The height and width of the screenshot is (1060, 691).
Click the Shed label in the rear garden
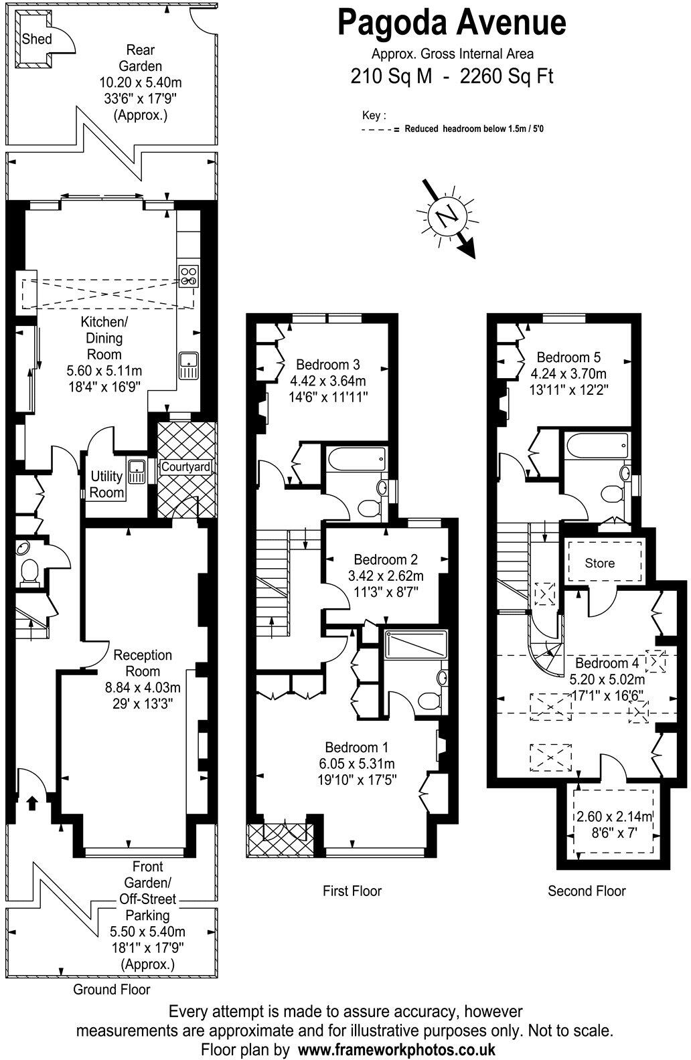pyautogui.click(x=37, y=39)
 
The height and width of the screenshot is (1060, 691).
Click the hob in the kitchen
pyautogui.click(x=189, y=276)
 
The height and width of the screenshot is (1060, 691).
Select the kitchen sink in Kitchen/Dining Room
pyautogui.click(x=188, y=365)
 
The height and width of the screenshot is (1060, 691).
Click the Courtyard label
pyautogui.click(x=186, y=467)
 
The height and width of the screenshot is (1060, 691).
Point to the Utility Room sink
pyautogui.click(x=137, y=472)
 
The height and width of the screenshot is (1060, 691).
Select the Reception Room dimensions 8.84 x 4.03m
pyautogui.click(x=143, y=687)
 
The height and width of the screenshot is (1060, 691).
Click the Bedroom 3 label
pyautogui.click(x=328, y=365)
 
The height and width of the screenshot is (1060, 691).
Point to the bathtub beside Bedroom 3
pyautogui.click(x=356, y=460)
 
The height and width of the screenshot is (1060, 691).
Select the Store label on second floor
pyautogui.click(x=599, y=563)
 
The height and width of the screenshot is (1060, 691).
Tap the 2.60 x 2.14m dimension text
pyautogui.click(x=615, y=816)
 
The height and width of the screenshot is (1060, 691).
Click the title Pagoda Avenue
pyautogui.click(x=452, y=23)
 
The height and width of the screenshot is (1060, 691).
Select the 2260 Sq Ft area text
pyautogui.click(x=507, y=76)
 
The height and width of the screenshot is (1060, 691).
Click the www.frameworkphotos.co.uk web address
pyautogui.click(x=396, y=1049)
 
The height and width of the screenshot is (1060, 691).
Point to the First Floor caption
pyautogui.click(x=352, y=891)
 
